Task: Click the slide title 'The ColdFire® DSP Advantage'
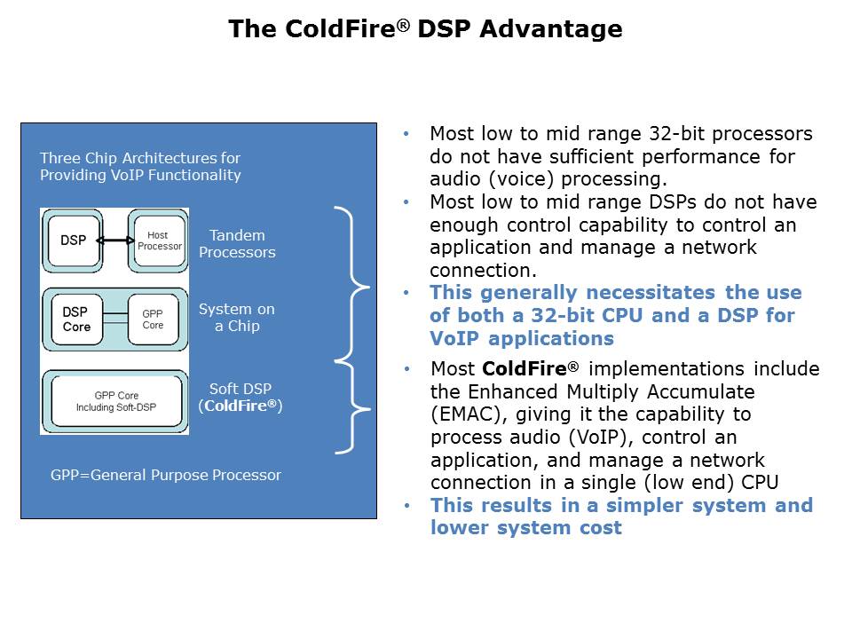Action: point(425,29)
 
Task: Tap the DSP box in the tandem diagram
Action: point(73,240)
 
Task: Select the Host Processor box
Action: point(159,240)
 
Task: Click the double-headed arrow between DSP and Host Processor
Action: point(114,241)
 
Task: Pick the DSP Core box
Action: point(76,319)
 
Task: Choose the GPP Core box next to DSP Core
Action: point(153,319)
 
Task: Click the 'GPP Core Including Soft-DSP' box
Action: point(116,401)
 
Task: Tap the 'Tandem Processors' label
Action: point(237,244)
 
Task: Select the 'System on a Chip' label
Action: point(237,318)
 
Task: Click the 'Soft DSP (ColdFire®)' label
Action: point(240,397)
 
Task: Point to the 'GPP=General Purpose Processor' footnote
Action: point(166,475)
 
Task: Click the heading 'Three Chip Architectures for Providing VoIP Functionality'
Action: point(140,166)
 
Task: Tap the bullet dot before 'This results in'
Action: point(406,505)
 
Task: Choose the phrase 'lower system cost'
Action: point(525,528)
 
